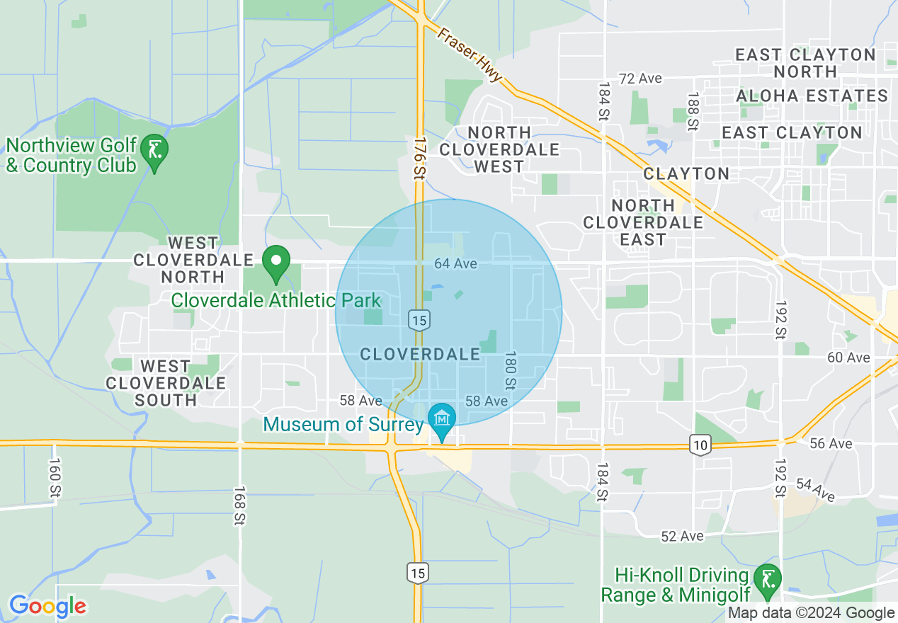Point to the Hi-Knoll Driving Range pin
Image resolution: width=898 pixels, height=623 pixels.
click(767, 578)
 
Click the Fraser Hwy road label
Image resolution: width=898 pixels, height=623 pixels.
click(470, 55)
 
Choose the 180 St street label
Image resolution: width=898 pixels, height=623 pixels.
click(509, 370)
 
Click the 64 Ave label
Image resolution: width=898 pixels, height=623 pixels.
click(455, 263)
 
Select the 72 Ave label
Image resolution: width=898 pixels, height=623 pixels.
click(640, 79)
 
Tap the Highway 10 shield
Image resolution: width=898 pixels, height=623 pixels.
click(700, 445)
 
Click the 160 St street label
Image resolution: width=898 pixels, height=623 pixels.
click(55, 479)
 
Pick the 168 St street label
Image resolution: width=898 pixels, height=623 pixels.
click(239, 505)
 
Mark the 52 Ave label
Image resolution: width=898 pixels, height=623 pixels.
click(682, 536)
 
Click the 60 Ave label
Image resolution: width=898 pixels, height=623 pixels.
click(848, 357)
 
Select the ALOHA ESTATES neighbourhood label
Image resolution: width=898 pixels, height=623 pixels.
click(812, 96)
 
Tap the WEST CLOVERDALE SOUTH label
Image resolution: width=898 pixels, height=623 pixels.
click(166, 383)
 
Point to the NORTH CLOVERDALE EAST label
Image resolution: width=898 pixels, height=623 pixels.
click(643, 222)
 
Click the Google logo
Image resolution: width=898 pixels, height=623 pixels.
click(47, 606)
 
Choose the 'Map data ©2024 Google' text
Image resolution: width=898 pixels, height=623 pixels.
click(812, 613)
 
